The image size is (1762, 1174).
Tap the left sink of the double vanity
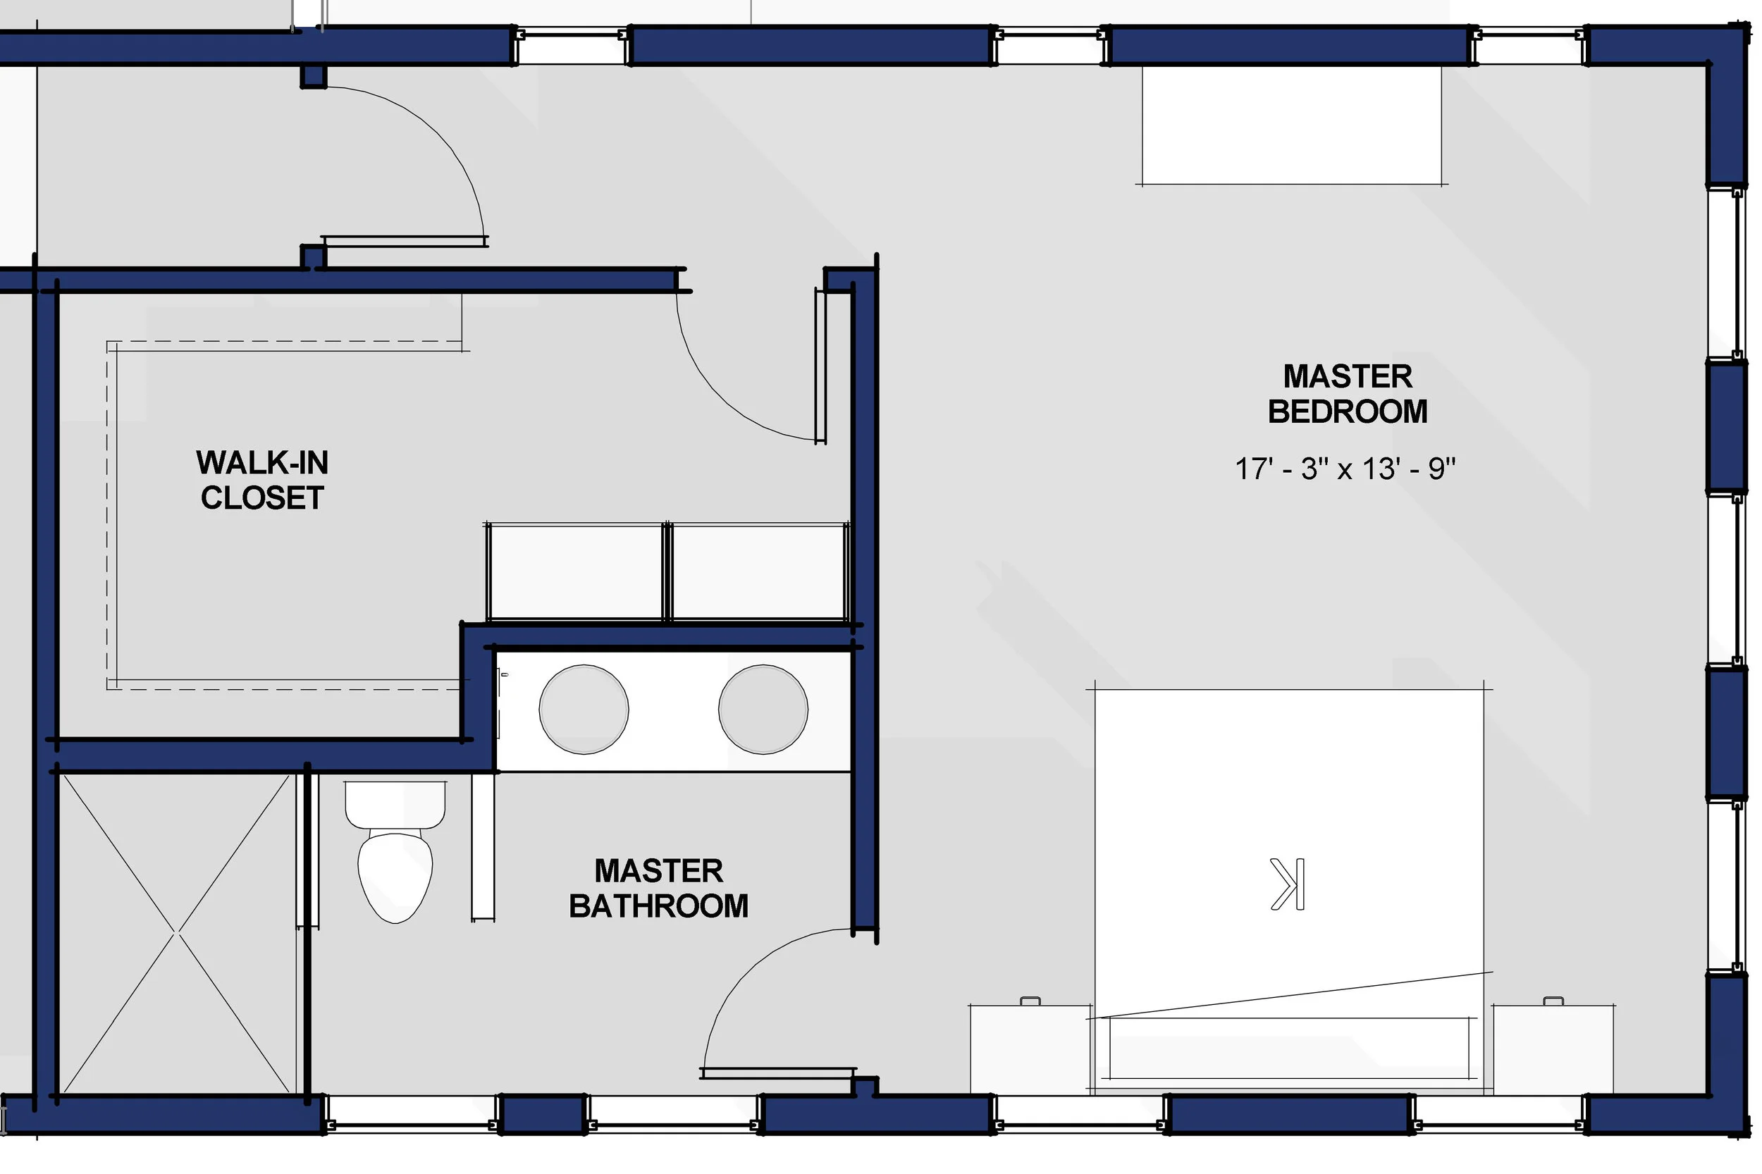click(x=584, y=709)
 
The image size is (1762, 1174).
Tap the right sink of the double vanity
click(x=763, y=709)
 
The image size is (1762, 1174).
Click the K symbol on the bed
click(x=1287, y=884)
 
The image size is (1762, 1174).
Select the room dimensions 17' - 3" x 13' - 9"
click(x=1344, y=469)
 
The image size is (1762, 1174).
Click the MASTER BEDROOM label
click(x=1347, y=394)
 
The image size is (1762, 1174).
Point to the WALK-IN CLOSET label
click(x=262, y=480)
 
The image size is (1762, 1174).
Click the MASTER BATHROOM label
click(x=658, y=888)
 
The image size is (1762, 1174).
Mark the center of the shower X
click(x=177, y=932)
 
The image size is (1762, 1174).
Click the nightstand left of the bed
click(x=1030, y=1049)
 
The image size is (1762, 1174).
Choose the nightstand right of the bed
click(x=1553, y=1049)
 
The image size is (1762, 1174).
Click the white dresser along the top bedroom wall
click(x=1291, y=125)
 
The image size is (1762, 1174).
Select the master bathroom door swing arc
click(x=741, y=973)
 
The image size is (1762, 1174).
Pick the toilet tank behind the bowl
click(x=395, y=803)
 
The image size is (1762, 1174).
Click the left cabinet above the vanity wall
click(x=575, y=571)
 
